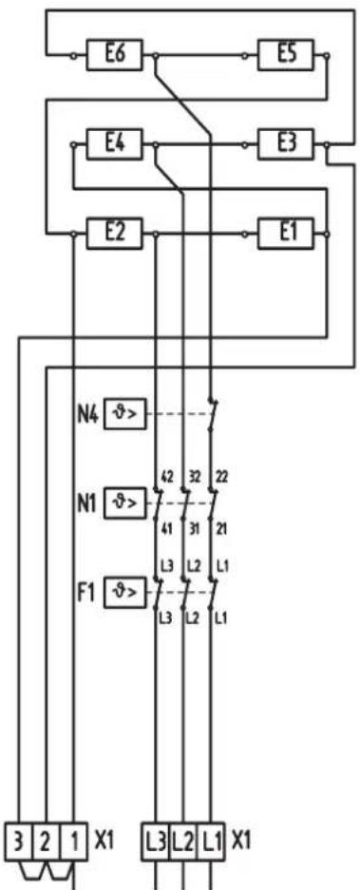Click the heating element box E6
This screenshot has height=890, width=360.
click(114, 55)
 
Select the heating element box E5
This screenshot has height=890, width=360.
click(287, 55)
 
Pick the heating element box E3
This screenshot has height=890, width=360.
click(287, 145)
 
